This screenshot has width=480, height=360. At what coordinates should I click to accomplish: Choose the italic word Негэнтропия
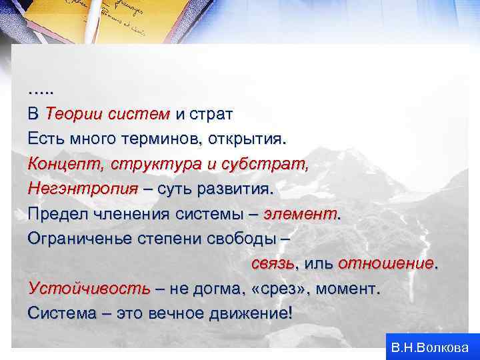pyautogui.click(x=83, y=189)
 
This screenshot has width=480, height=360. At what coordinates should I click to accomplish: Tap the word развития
pyautogui.click(x=238, y=189)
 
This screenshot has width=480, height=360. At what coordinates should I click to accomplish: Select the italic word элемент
pyautogui.click(x=300, y=214)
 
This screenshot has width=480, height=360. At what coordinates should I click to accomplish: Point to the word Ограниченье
pyautogui.click(x=78, y=239)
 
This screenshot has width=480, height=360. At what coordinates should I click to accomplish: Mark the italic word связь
pyautogui.click(x=273, y=263)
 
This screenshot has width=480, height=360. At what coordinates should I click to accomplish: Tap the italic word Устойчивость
pyautogui.click(x=89, y=289)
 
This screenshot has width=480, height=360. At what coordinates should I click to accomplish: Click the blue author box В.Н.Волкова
pyautogui.click(x=430, y=347)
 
